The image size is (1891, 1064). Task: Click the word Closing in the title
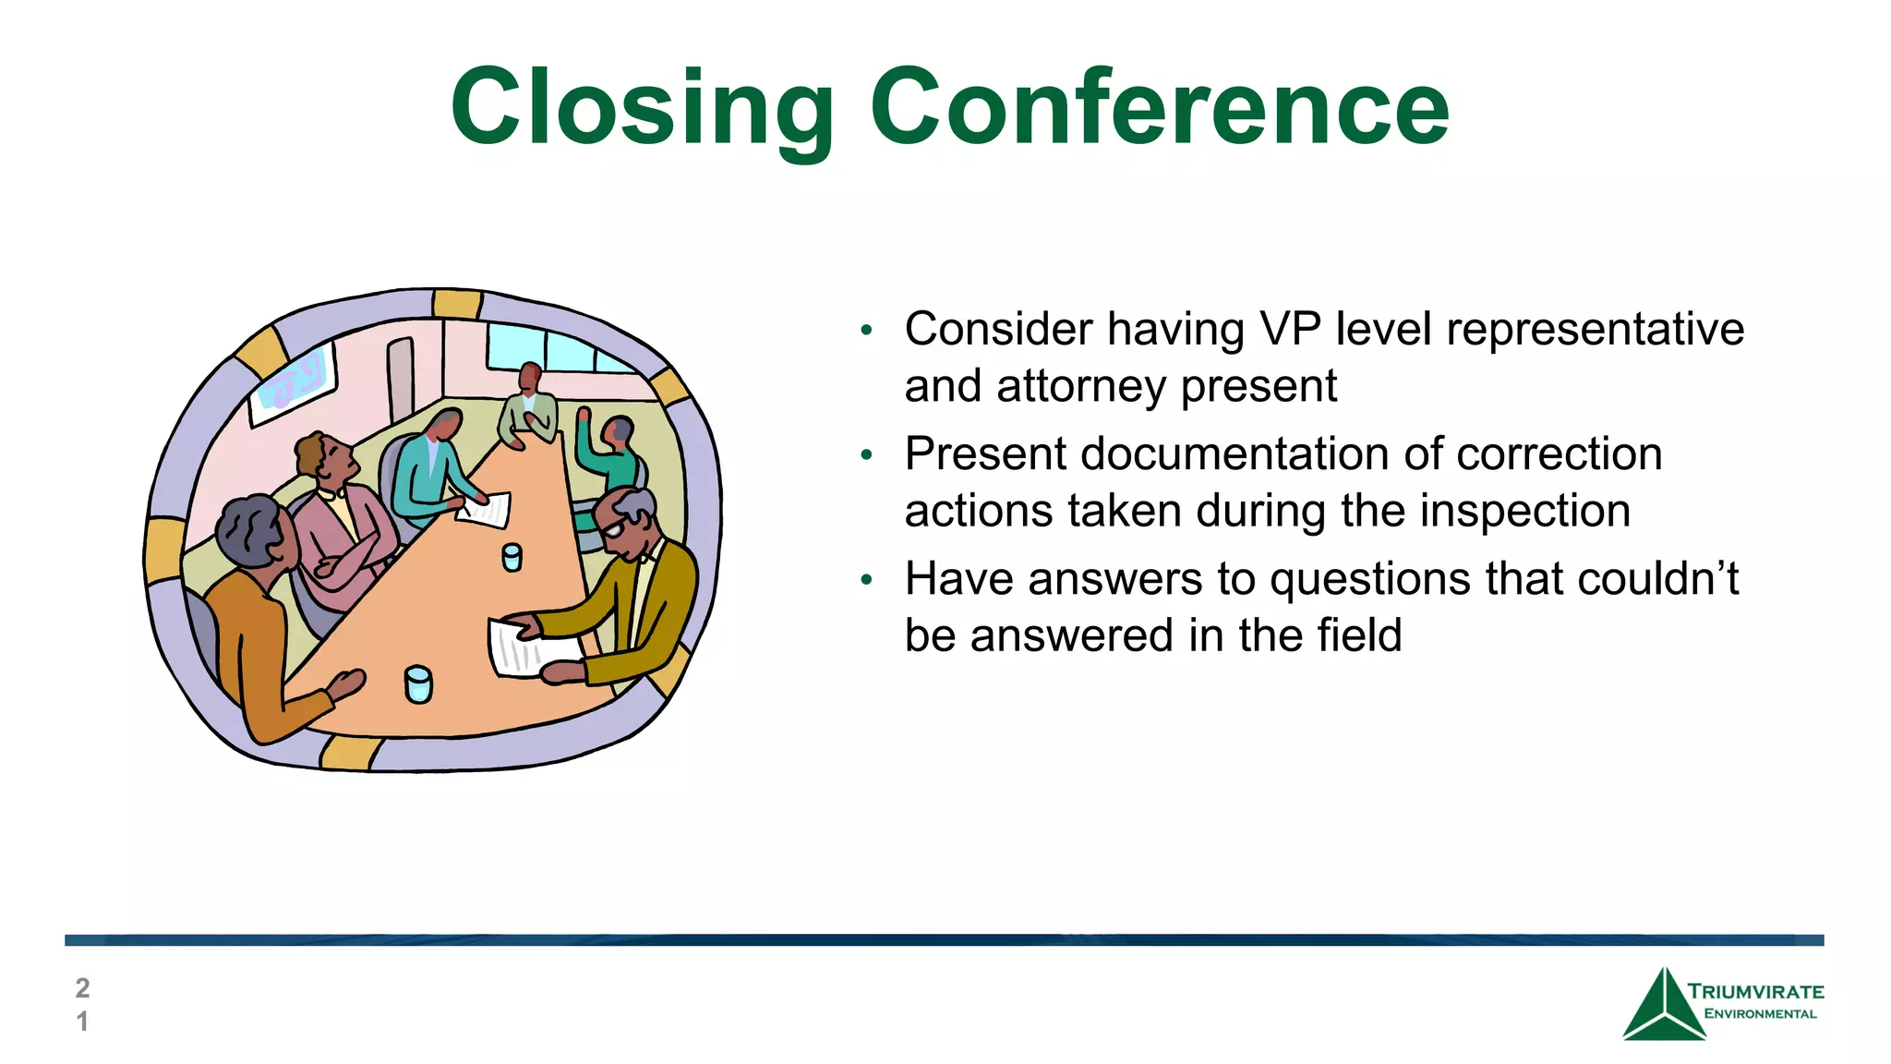click(x=642, y=108)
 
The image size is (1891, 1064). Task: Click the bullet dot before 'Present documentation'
click(x=865, y=455)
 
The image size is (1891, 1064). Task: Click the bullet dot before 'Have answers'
click(x=865, y=580)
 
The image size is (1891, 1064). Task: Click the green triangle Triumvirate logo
click(x=1662, y=1007)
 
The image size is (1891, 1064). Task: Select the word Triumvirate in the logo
click(x=1755, y=992)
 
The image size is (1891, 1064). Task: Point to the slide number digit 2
click(x=82, y=988)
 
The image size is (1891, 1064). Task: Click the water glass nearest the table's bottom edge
click(x=418, y=684)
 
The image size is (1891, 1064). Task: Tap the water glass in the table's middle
click(x=512, y=557)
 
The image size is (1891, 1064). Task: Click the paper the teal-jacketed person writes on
click(x=487, y=510)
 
